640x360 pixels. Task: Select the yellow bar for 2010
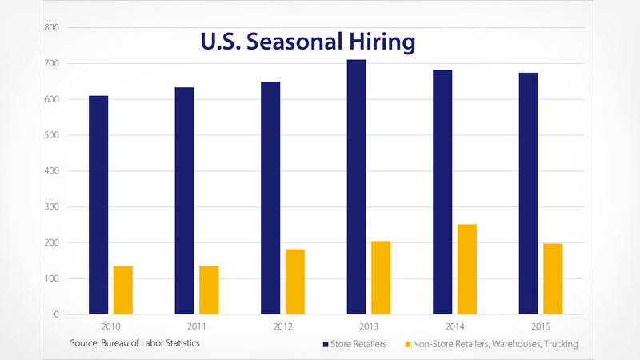point(122,290)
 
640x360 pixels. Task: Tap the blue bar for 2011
point(184,201)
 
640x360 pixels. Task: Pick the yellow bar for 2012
point(294,282)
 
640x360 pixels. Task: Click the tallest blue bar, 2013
point(357,187)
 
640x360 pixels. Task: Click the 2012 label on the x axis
point(282,326)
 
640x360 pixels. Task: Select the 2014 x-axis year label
point(454,326)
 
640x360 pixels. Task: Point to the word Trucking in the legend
point(558,344)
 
